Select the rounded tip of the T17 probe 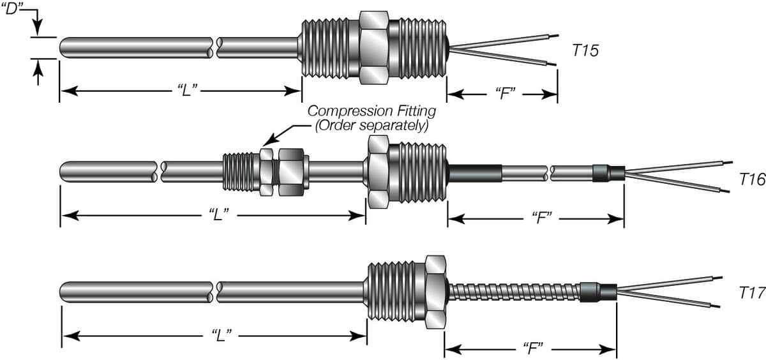coord(63,292)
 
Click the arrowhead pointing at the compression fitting coord(268,142)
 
